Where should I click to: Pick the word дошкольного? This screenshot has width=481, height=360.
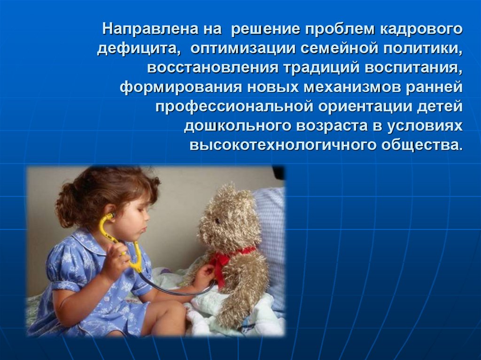pyautogui.click(x=237, y=126)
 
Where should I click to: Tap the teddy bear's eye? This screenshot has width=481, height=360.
pyautogui.click(x=217, y=221)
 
